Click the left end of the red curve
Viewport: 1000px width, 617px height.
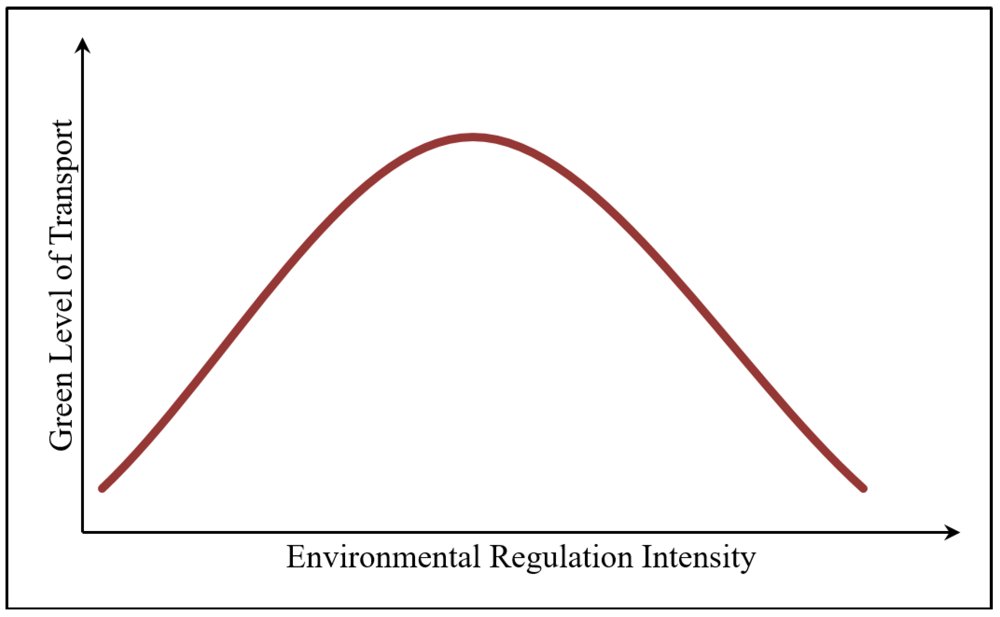point(103,488)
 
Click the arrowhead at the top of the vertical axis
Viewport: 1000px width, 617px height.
point(83,45)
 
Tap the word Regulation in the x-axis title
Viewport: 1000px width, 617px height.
point(561,557)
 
